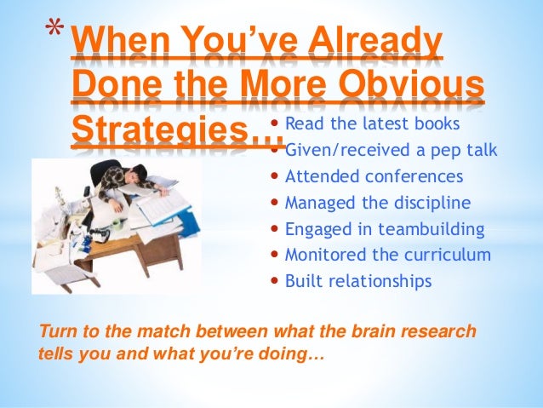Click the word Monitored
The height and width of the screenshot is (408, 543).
[x=323, y=255]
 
